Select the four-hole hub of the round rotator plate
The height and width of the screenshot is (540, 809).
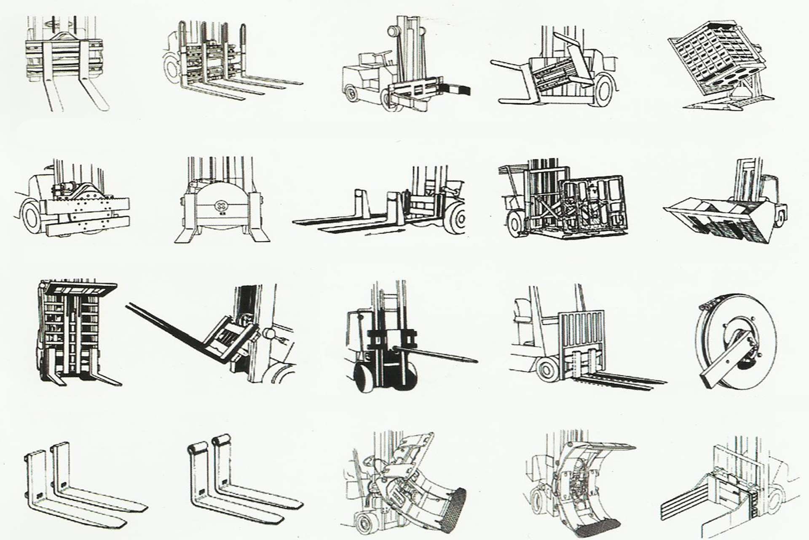(x=220, y=206)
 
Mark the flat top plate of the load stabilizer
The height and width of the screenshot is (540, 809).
(x=80, y=289)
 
